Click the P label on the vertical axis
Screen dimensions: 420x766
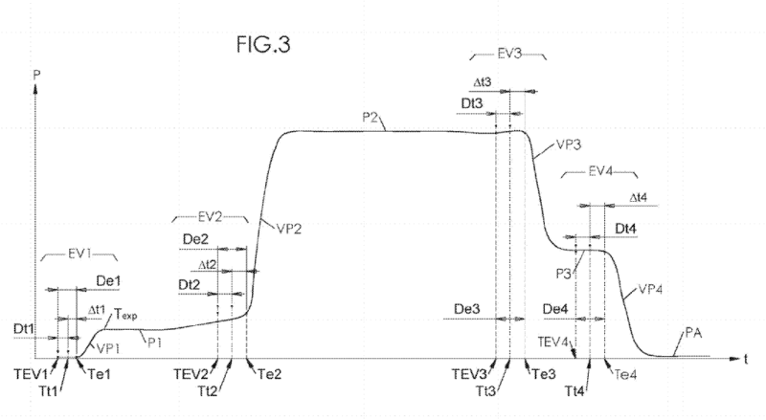pos(34,74)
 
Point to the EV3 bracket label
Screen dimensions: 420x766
pos(510,56)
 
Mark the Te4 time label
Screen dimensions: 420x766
pos(623,374)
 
